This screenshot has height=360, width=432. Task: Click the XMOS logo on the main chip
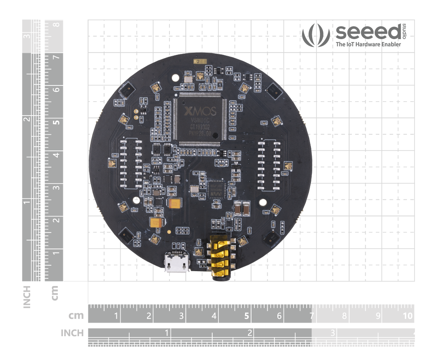pos(200,112)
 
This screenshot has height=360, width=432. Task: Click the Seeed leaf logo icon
pos(316,34)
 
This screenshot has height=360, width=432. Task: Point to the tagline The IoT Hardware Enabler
pos(368,44)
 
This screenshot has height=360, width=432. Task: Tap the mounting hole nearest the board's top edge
pos(175,78)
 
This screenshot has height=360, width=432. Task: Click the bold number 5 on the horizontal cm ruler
pos(247,316)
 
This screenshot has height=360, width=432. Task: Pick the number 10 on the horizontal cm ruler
pos(407,316)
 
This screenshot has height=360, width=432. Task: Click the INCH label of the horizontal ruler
pos(72,333)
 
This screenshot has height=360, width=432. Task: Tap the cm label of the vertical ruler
pos(54,293)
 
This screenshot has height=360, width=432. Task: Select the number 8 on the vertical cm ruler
pos(56,24)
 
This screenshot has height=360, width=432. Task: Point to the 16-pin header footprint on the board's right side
pos(269,164)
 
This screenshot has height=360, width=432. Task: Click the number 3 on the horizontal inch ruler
pos(333,332)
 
